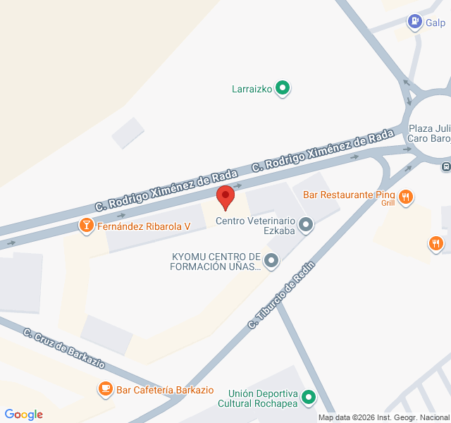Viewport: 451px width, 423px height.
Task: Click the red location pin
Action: pos(225,197)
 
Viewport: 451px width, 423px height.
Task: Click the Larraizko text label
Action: pos(252,89)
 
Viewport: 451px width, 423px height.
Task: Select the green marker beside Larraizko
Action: pos(283,88)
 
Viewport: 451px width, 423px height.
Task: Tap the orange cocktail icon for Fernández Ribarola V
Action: pos(86,226)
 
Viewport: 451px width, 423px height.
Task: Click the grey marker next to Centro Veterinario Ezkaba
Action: pos(305,225)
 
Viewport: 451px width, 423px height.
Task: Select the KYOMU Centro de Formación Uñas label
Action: pos(216,262)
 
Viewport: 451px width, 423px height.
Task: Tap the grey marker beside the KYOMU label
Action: pos(272,262)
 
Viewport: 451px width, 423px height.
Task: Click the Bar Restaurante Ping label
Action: pos(349,195)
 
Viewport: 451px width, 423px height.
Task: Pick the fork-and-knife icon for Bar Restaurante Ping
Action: pos(405,197)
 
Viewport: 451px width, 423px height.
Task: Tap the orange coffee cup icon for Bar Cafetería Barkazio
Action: pos(105,388)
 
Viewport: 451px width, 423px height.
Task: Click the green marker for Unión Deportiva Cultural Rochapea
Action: pos(308,398)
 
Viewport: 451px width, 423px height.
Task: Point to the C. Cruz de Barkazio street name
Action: pos(64,348)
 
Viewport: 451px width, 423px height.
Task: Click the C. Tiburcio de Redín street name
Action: pos(280,295)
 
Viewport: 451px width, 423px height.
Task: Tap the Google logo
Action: pos(23,415)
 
